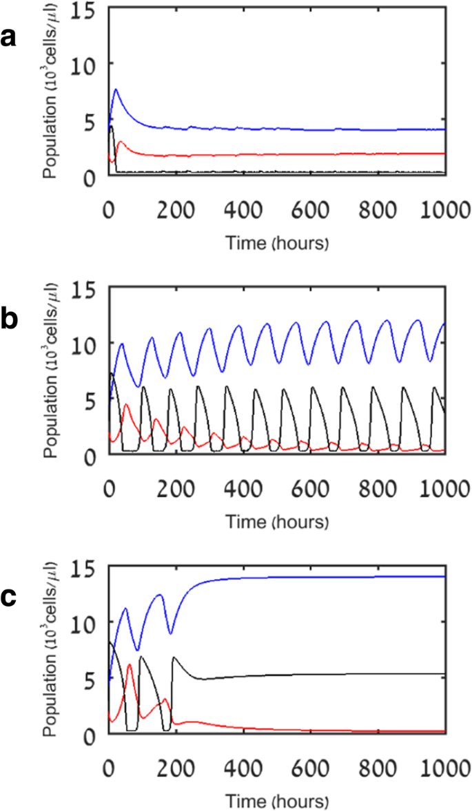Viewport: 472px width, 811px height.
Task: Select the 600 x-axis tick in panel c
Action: [x=309, y=766]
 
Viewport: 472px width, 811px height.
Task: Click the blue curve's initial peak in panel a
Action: [x=116, y=89]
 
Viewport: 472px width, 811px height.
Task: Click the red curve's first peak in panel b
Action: [x=125, y=405]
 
